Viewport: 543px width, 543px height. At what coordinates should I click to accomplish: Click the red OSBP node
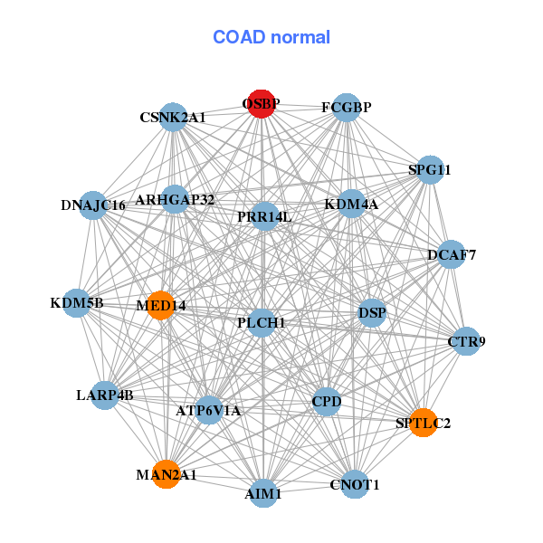[x=261, y=104]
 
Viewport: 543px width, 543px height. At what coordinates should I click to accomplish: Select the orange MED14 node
[x=160, y=305]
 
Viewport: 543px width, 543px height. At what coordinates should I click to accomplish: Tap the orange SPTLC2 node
[x=423, y=423]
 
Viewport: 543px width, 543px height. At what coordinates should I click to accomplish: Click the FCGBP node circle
[x=347, y=108]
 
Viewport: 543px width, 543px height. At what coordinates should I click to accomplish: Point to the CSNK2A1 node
[x=173, y=118]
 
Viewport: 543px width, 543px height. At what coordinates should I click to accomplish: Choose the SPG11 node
[x=429, y=170]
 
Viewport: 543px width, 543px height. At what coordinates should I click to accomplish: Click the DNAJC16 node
[x=93, y=205]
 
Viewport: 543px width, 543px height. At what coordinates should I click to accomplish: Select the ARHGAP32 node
[x=175, y=200]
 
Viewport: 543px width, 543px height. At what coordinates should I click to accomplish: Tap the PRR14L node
[x=264, y=217]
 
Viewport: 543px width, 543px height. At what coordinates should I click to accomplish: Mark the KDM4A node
[x=351, y=205]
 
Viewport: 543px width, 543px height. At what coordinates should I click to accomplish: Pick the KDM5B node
[x=77, y=303]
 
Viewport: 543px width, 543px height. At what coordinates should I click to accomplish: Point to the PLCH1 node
[x=262, y=323]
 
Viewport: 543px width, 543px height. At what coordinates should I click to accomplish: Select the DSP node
[x=372, y=314]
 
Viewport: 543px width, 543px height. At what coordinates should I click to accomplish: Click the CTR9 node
[x=466, y=341]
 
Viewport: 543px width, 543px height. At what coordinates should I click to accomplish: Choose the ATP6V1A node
[x=209, y=411]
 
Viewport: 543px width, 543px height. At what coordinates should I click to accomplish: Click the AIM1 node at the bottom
[x=262, y=493]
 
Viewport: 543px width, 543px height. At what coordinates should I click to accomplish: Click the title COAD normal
[x=271, y=38]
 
